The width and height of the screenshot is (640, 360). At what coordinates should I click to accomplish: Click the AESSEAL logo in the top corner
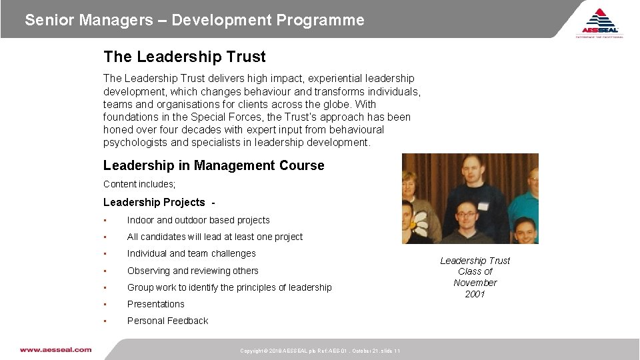pos(600,23)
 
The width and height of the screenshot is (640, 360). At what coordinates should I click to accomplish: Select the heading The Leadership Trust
pos(184,57)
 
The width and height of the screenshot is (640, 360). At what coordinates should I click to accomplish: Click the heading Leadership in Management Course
pos(213,165)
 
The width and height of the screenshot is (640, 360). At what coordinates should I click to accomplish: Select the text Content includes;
pos(139,184)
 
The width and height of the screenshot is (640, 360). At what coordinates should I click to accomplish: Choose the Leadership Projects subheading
pos(154,202)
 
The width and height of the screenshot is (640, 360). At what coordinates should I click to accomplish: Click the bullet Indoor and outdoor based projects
pos(198,220)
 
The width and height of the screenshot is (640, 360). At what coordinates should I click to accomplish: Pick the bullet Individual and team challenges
pos(191,253)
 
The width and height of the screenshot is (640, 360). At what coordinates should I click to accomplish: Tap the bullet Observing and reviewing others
pos(193,271)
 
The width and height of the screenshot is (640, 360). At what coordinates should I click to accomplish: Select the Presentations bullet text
pos(155,304)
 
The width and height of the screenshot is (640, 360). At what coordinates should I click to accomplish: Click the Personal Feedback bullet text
pos(167,321)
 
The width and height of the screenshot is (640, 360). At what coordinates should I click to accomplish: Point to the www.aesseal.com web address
pos(55,349)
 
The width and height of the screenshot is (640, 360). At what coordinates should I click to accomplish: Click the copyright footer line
pos(320,351)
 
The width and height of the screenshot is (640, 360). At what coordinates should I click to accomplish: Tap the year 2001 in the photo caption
pos(475,294)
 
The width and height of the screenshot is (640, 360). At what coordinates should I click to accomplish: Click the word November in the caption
pos(475,283)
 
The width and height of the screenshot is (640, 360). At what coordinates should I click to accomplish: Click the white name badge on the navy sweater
pos(483,205)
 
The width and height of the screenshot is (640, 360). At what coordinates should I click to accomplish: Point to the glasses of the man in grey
pos(466,215)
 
